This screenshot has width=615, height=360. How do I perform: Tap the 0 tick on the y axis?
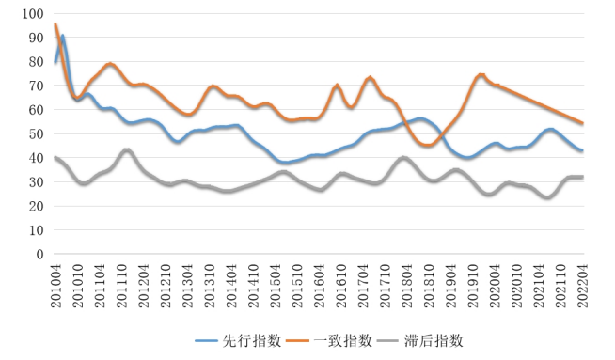(39, 254)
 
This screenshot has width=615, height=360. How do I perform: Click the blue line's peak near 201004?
(62, 37)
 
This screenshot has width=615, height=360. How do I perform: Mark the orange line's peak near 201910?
(481, 75)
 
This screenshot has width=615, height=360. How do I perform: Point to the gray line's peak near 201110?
(126, 149)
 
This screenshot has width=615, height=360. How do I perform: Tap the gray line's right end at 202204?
(582, 177)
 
